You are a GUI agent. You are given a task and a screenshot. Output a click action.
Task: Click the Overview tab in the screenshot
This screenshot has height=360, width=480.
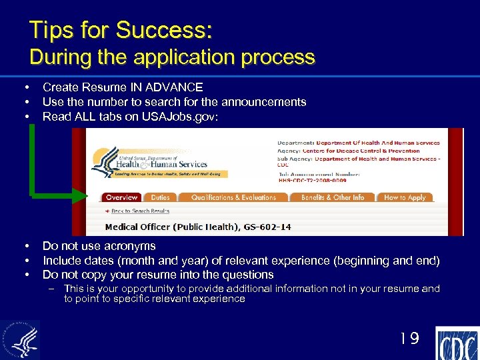pos(121,197)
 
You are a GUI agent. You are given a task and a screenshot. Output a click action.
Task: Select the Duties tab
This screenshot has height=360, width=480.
pos(160,197)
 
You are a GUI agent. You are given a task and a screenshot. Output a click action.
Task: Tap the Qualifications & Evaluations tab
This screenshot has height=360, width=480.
pos(233,197)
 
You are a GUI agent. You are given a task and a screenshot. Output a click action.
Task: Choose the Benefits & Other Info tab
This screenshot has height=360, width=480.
pos(333,197)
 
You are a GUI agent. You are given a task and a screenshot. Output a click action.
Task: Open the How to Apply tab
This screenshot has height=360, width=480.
pos(405,197)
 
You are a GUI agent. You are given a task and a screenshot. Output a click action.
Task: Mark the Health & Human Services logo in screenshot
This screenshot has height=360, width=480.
pos(160,161)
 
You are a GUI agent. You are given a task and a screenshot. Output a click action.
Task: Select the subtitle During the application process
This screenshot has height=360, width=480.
pos(172,57)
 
